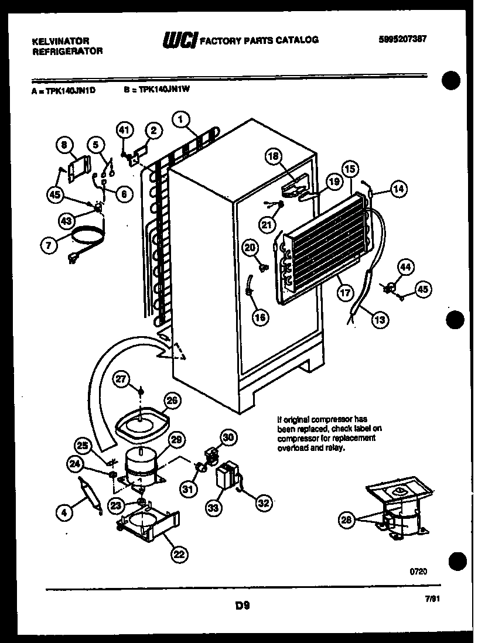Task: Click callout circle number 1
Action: pos(182,119)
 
